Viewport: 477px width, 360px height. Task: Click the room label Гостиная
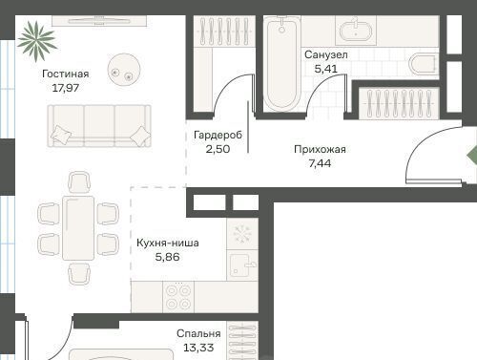click(x=66, y=74)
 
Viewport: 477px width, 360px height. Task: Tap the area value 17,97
click(x=66, y=88)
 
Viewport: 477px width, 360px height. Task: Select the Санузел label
click(x=326, y=54)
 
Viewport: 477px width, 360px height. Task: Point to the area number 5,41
click(x=326, y=69)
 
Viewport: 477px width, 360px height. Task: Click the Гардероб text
click(x=218, y=135)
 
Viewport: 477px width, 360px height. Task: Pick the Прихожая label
click(x=320, y=149)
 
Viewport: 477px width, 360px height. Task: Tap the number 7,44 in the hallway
click(x=320, y=163)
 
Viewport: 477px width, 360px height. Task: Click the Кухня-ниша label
click(x=168, y=243)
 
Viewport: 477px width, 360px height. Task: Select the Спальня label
click(x=198, y=333)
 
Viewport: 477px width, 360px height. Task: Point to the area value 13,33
click(x=198, y=348)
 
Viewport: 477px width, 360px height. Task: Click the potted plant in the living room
click(x=37, y=41)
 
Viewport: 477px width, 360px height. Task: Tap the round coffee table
click(x=124, y=70)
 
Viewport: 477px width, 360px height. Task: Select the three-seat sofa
click(x=99, y=126)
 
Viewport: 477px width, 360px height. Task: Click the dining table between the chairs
click(x=78, y=228)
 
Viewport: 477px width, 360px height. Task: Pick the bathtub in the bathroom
click(x=281, y=64)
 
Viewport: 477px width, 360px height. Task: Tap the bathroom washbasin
click(x=356, y=31)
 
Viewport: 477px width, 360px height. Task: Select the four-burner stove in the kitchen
click(x=178, y=297)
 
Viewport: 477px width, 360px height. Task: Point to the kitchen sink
click(x=242, y=265)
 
